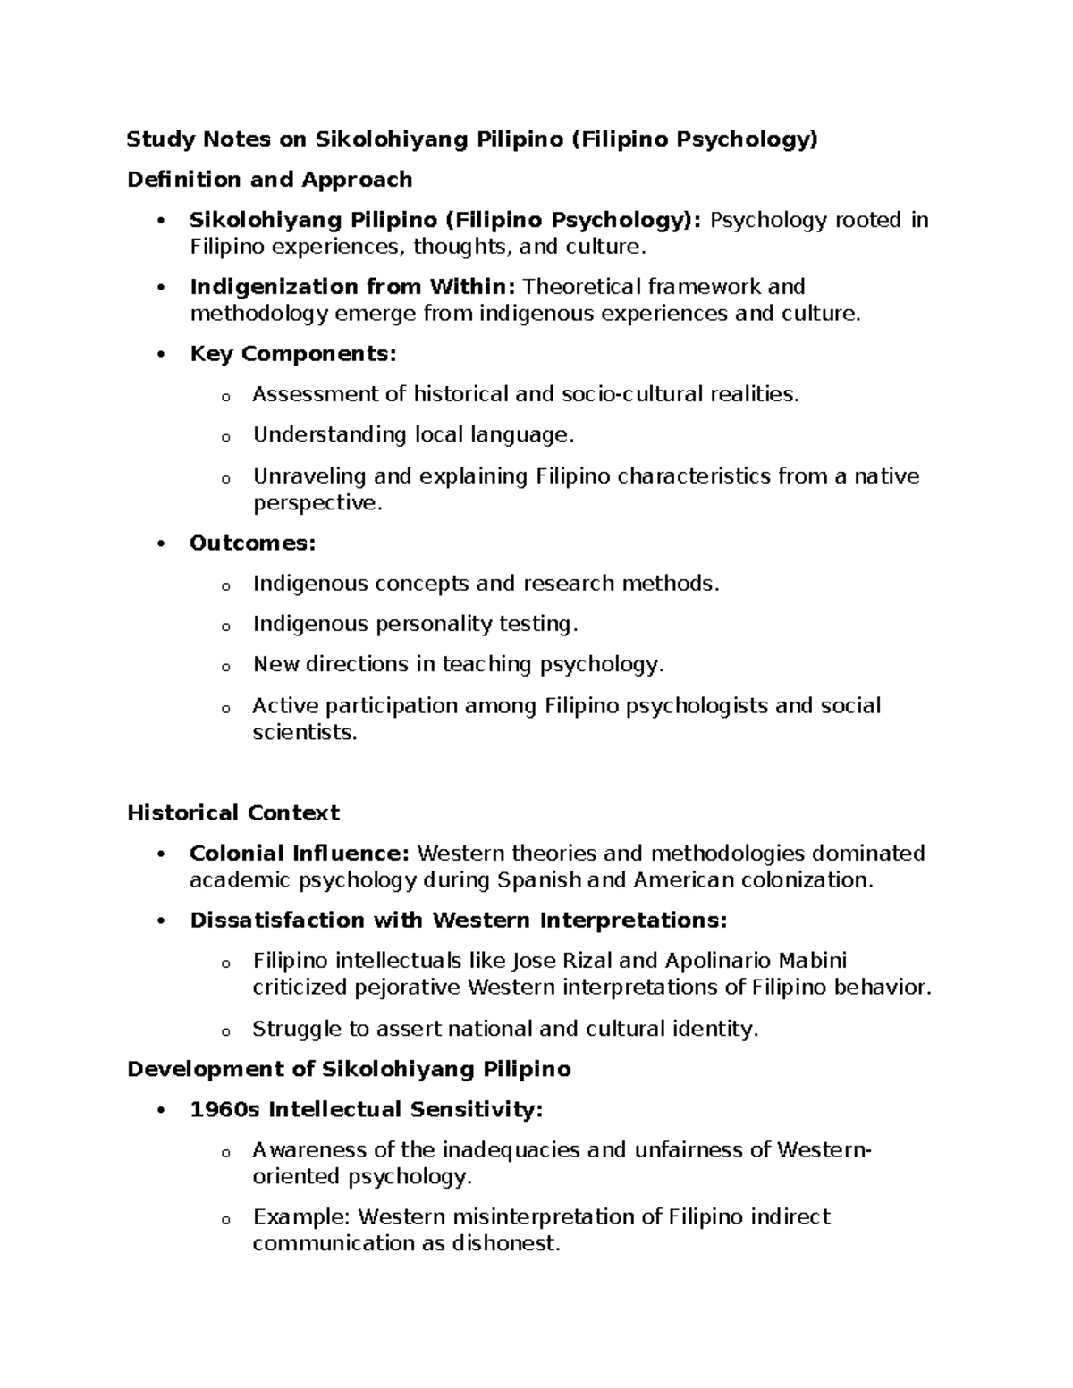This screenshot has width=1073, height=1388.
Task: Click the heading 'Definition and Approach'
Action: (x=269, y=180)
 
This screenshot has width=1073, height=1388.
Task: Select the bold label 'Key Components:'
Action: (x=292, y=354)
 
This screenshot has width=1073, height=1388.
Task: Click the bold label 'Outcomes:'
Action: (x=252, y=543)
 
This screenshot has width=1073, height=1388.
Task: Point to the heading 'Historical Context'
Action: (x=232, y=813)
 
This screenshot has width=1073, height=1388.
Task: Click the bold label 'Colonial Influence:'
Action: (x=300, y=854)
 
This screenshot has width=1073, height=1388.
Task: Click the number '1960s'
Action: (x=224, y=1110)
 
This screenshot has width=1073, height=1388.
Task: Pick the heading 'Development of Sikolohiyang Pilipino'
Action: (x=349, y=1070)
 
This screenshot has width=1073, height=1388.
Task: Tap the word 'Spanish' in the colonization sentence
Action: (x=539, y=880)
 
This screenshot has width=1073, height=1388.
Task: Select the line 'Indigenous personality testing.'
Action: (x=416, y=624)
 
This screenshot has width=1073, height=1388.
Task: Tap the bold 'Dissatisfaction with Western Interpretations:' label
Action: (x=459, y=921)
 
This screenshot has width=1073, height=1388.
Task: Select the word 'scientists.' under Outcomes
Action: (x=304, y=733)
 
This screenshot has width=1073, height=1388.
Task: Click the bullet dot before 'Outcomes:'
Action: (x=161, y=544)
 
